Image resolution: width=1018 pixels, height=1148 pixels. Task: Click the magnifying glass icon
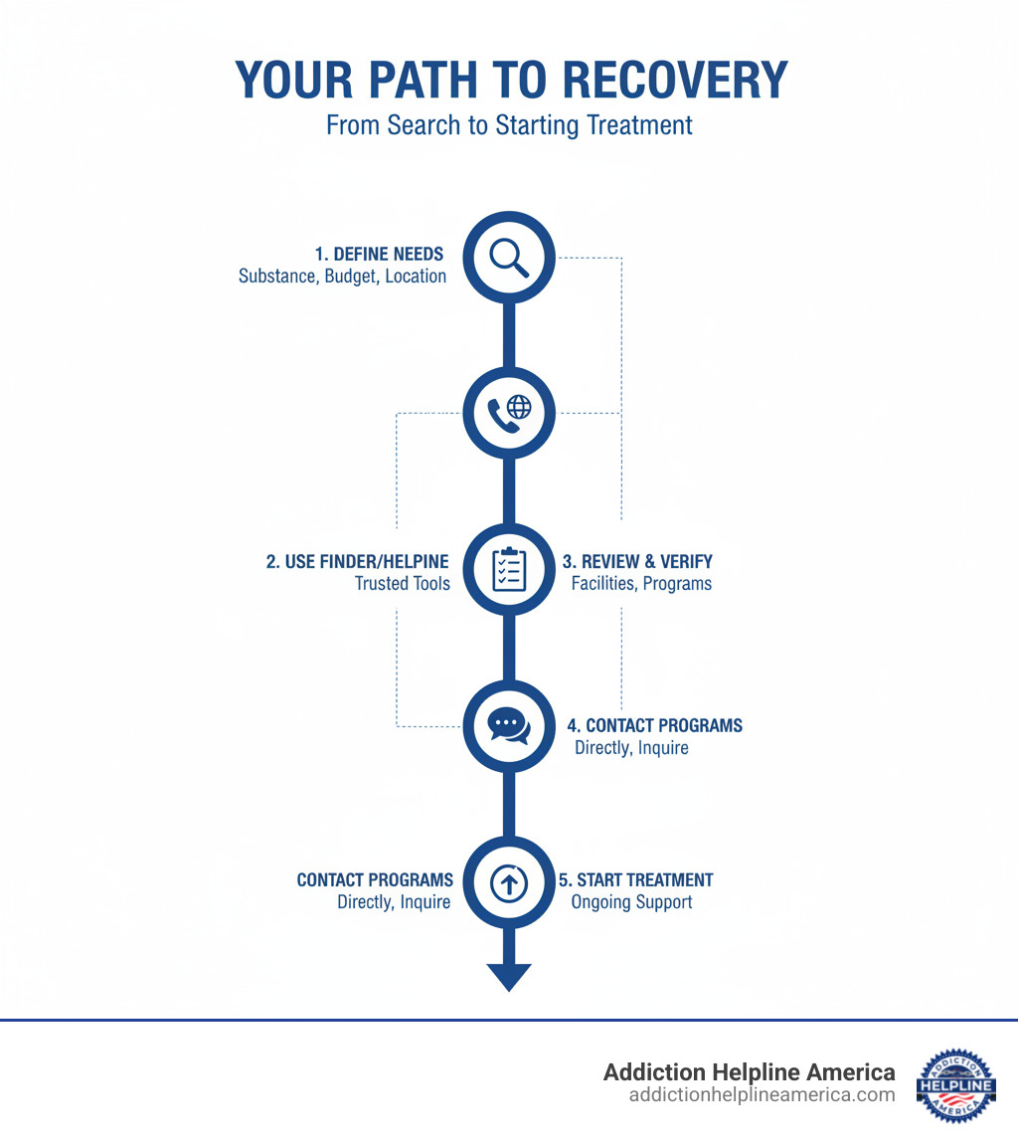509,258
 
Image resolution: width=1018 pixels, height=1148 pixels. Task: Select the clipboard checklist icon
509,570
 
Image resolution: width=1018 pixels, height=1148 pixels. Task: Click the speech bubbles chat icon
509,725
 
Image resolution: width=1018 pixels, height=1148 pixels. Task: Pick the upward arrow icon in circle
509,882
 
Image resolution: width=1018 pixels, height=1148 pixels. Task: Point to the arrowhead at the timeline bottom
509,976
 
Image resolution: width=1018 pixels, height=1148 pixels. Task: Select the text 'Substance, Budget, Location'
342,277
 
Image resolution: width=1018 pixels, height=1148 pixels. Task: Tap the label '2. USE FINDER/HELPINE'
358,562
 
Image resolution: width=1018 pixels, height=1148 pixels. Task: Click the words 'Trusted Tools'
402,584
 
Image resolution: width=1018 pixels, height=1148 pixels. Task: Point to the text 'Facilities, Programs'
641,584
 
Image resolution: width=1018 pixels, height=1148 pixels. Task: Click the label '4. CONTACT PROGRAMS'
654,725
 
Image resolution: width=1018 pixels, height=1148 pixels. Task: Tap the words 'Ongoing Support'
631,902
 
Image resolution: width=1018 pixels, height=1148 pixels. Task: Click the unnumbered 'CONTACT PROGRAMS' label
375,880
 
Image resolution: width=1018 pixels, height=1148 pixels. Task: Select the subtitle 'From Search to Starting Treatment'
509,126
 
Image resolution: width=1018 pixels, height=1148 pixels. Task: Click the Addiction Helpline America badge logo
955,1084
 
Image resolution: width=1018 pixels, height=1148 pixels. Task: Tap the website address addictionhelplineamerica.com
762,1095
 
